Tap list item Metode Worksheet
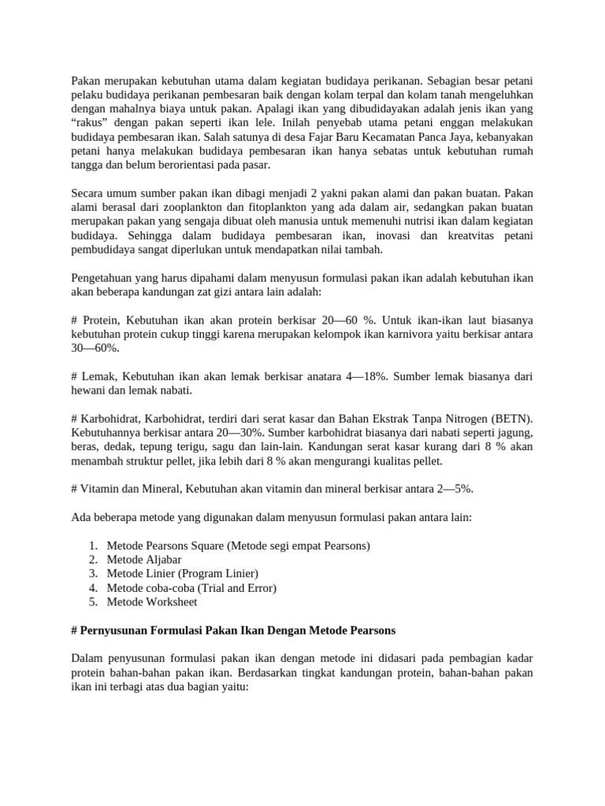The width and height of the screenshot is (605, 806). click(x=152, y=601)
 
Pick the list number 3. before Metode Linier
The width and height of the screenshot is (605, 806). click(x=93, y=573)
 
